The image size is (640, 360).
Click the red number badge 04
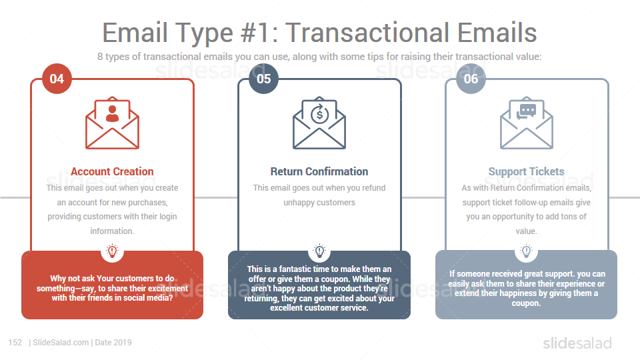click(x=57, y=79)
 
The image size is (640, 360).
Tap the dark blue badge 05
click(x=264, y=79)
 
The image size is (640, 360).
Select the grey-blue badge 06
click(x=471, y=79)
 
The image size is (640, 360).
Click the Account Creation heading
click(x=112, y=171)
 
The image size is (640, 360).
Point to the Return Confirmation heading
click(x=319, y=171)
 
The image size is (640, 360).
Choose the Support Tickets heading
click(x=527, y=171)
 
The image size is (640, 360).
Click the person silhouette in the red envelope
click(x=112, y=113)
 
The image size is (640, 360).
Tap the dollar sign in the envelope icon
click(x=319, y=114)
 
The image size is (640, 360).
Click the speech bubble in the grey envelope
click(x=527, y=111)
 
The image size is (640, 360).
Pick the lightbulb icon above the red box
click(x=112, y=251)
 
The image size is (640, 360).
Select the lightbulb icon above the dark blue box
click(x=319, y=251)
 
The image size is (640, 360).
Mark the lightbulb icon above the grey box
click(x=527, y=251)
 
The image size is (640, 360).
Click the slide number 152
click(x=15, y=343)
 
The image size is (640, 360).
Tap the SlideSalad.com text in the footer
click(x=61, y=343)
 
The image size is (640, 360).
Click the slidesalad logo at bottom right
click(x=577, y=343)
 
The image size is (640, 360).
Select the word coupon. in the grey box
click(x=526, y=303)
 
